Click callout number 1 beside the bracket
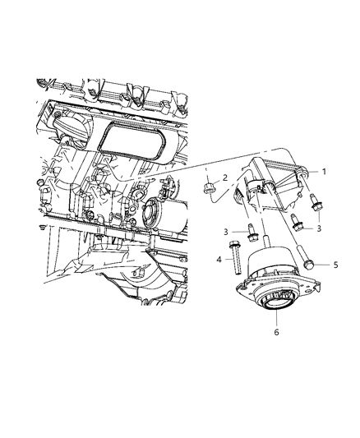pos(324,172)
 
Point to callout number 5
pos(335,265)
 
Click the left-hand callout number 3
pos(223,232)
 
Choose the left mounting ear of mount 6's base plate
pos(239,286)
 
